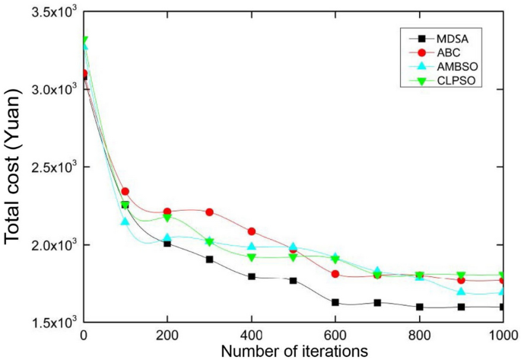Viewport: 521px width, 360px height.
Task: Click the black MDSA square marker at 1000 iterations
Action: [502, 307]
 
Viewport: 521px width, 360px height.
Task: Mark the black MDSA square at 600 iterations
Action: [335, 302]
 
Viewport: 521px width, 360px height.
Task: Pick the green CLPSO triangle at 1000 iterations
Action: [502, 276]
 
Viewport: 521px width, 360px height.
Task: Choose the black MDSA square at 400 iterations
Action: [251, 276]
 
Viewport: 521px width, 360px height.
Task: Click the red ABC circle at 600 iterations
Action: [335, 273]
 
